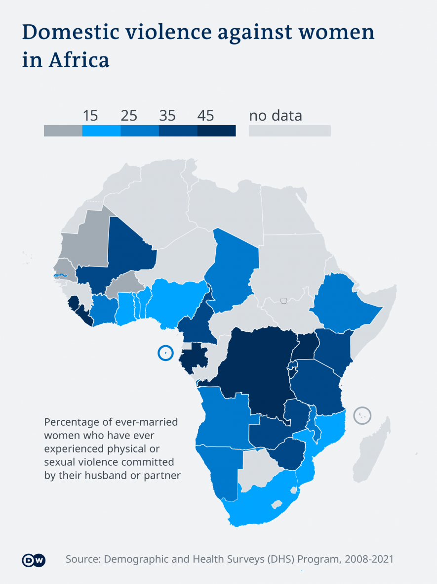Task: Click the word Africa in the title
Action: [x=79, y=60]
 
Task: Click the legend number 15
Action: [x=90, y=116]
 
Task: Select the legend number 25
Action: [x=129, y=116]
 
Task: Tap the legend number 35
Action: [x=167, y=116]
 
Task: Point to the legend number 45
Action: [x=205, y=116]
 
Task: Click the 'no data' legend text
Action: [x=276, y=116]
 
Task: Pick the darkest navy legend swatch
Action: [x=216, y=131]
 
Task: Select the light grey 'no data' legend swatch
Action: [x=289, y=131]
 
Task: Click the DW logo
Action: [x=34, y=560]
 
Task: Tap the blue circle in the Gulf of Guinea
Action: [x=164, y=353]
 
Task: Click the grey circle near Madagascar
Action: [x=363, y=415]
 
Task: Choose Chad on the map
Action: [x=235, y=267]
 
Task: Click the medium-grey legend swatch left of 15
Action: [x=63, y=131]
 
